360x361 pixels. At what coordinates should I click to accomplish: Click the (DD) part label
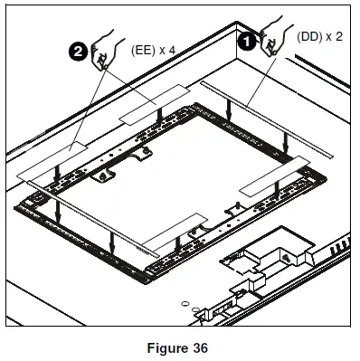(308, 37)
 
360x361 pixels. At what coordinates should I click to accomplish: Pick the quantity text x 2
(336, 37)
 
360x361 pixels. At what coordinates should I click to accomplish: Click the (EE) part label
(145, 50)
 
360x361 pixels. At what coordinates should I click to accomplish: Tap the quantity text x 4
(171, 50)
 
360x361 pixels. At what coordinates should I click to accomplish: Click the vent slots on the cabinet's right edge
(341, 249)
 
